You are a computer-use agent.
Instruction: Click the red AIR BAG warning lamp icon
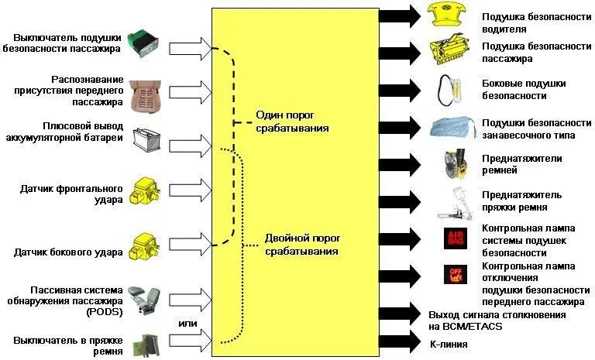coord(455,238)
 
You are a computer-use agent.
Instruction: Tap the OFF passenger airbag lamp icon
coord(454,275)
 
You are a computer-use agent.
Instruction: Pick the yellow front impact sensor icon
coord(146,190)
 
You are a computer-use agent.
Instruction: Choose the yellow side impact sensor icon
coord(146,246)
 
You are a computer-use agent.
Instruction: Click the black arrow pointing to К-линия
coord(399,343)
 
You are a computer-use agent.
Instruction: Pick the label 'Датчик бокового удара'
coord(69,252)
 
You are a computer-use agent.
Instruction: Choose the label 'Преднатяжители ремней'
coord(522,165)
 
